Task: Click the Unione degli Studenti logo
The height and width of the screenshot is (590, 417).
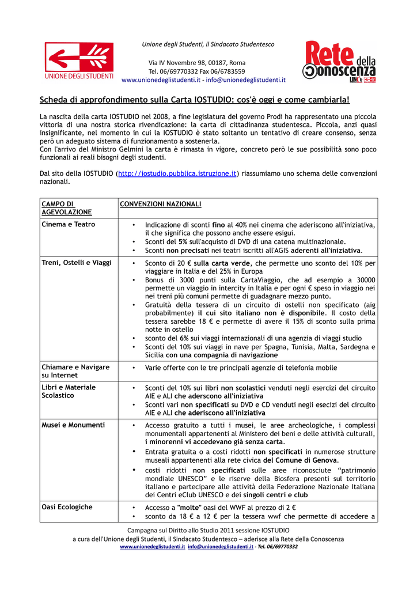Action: point(79,60)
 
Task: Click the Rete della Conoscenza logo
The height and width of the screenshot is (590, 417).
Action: point(339,62)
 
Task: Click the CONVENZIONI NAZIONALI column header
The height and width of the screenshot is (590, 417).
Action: point(160,204)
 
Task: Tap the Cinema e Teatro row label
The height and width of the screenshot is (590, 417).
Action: point(69,224)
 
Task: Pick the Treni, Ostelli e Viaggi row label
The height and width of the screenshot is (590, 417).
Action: point(77,263)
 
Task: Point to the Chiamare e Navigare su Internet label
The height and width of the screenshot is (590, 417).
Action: point(75,371)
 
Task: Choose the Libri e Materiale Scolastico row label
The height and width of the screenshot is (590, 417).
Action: point(69,391)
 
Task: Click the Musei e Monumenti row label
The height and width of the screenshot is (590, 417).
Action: point(73,425)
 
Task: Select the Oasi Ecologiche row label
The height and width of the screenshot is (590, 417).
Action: point(67,507)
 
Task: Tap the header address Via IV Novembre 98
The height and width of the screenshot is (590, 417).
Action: point(197,62)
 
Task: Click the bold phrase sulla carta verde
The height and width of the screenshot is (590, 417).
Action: point(217,263)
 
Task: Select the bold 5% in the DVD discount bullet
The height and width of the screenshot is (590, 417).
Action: point(183,242)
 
